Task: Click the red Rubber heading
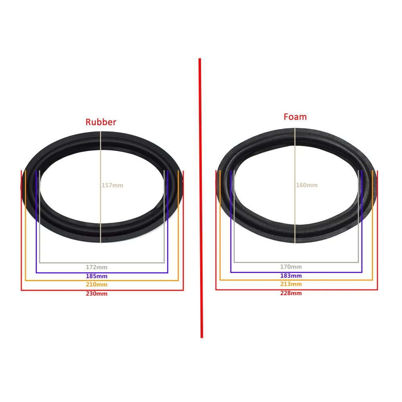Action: tap(101, 122)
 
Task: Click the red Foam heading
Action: tap(295, 117)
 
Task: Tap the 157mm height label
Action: tap(112, 185)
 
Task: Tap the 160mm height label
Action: tap(307, 185)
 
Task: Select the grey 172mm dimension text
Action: tap(96, 267)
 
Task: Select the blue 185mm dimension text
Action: tap(96, 276)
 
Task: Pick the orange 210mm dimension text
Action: tap(96, 284)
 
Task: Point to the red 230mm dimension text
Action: tap(96, 293)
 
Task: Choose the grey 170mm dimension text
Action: tap(291, 267)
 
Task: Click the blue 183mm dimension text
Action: tap(291, 276)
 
